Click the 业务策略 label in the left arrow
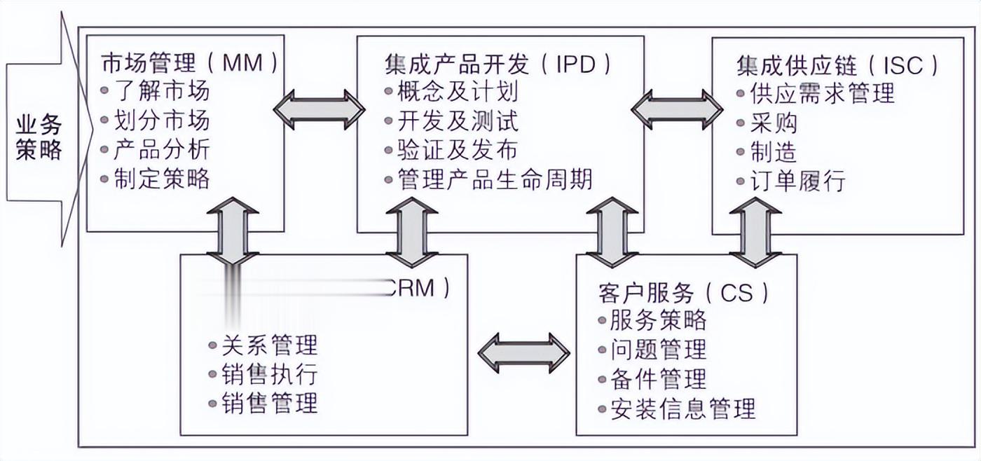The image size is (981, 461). [x=39, y=137]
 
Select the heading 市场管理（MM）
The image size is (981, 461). [x=190, y=63]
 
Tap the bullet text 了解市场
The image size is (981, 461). [x=161, y=91]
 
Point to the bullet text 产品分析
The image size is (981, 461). [x=161, y=149]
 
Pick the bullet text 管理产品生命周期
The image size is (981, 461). [x=495, y=179]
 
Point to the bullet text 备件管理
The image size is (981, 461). [x=658, y=379]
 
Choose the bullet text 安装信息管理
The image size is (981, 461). [x=682, y=408]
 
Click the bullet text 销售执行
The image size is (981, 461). [x=270, y=373]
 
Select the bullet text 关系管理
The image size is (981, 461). [x=270, y=345]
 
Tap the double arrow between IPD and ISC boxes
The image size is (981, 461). [x=677, y=108]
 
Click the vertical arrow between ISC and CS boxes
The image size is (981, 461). [x=755, y=231]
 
